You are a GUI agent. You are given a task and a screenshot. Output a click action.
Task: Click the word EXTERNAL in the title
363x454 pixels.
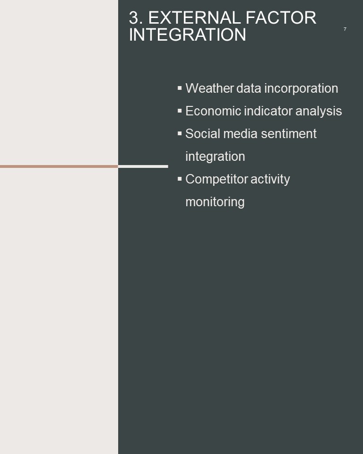(195, 18)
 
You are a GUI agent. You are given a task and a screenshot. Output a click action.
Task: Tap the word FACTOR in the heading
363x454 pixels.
(281, 18)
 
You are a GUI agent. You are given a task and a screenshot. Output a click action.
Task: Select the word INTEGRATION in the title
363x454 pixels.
(187, 35)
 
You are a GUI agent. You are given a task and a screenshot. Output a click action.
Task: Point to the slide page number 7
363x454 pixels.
(345, 29)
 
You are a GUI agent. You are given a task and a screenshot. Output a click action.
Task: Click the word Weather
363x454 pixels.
(209, 88)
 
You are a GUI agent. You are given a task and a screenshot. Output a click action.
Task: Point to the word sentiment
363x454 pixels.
(289, 134)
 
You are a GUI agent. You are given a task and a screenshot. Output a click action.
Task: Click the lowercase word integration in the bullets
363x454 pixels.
(215, 157)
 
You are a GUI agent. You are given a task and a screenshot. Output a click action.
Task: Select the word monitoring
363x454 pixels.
(215, 202)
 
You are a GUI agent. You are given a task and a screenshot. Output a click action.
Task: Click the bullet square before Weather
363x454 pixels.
(180, 88)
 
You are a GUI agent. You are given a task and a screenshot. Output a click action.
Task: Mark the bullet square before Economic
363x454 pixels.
(180, 110)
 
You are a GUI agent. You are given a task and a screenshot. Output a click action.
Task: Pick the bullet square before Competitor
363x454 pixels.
(180, 179)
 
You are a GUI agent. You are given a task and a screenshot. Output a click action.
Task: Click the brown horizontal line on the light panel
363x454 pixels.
(59, 166)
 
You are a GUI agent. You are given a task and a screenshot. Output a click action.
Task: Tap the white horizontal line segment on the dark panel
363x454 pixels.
(143, 166)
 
